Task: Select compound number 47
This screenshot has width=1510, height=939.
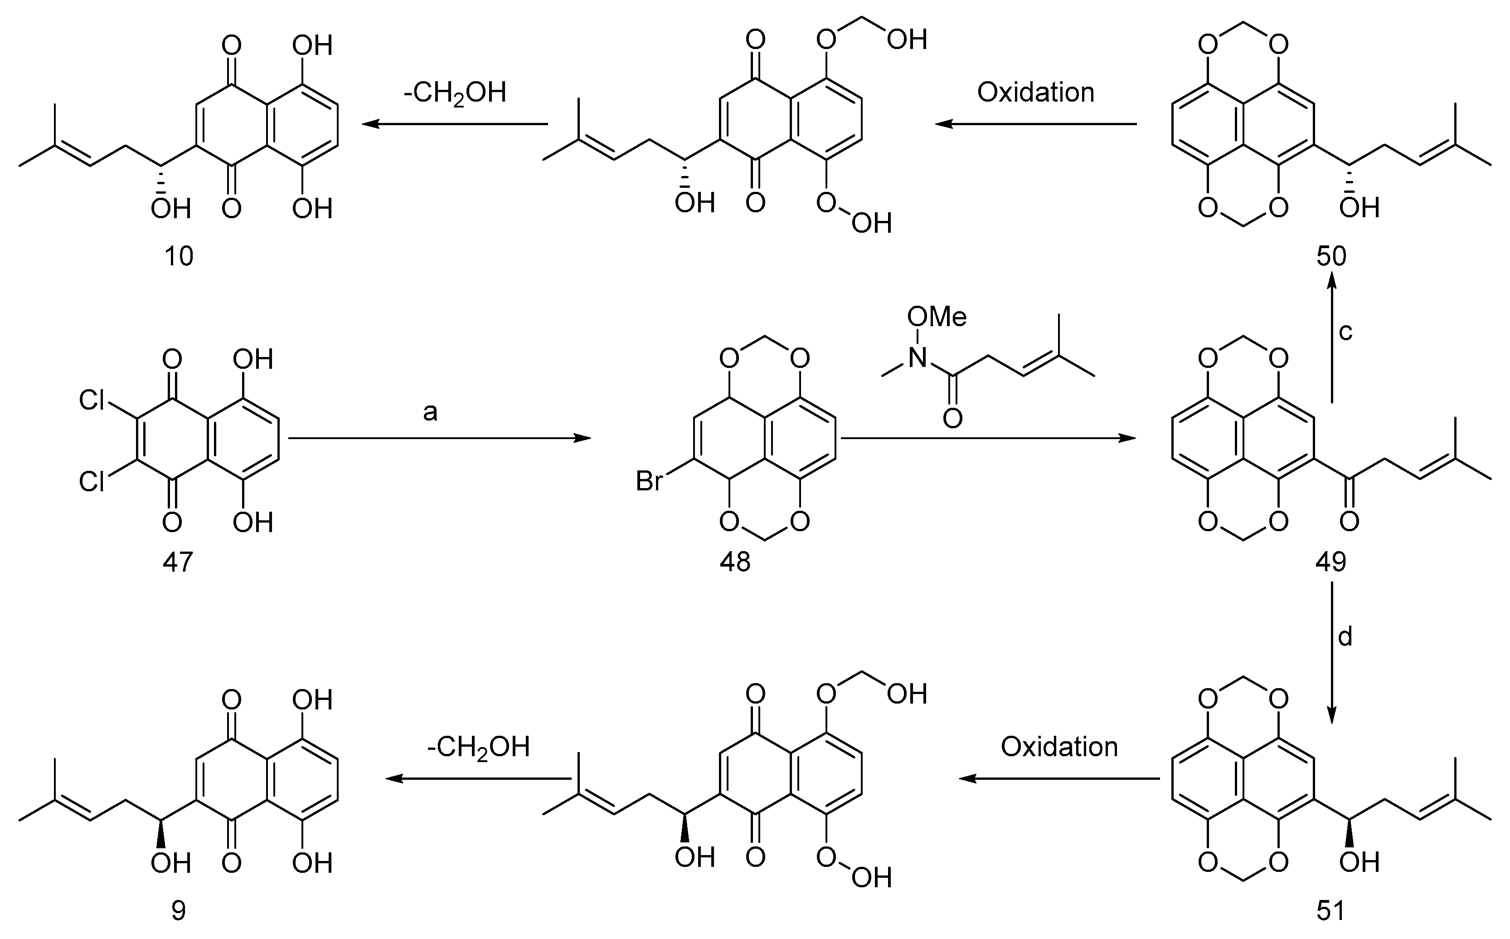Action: [x=178, y=562]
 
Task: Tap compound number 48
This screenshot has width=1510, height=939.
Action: [x=735, y=562]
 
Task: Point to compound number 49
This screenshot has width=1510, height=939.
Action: [x=1330, y=562]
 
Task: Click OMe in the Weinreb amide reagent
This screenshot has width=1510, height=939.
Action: [x=937, y=318]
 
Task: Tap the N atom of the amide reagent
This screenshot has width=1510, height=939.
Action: [x=917, y=357]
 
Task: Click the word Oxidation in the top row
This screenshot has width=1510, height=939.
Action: [x=1035, y=93]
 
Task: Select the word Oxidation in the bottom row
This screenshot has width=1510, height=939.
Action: [x=1059, y=747]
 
